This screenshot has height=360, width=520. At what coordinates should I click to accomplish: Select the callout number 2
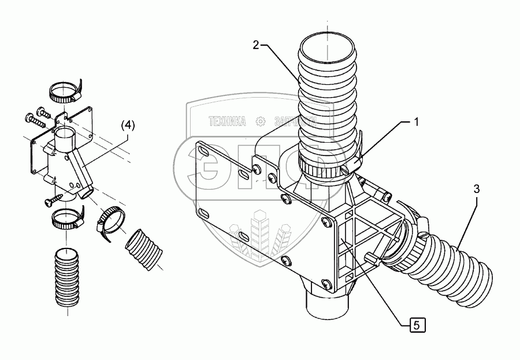click(256, 46)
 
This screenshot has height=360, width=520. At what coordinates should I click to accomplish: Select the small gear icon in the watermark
click(261, 121)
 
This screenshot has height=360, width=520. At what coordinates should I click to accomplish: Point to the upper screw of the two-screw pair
click(42, 110)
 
